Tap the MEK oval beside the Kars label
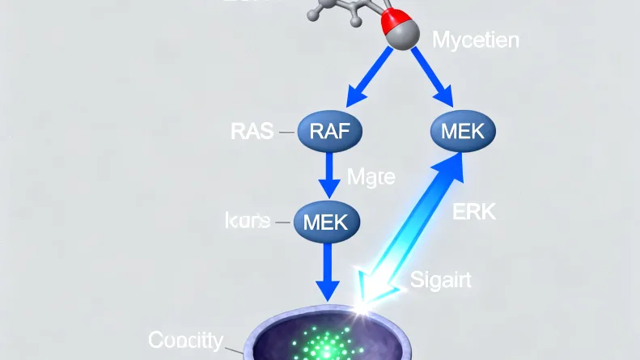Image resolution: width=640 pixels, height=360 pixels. pos(326,220)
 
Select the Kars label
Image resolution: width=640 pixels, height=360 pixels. pos(246,220)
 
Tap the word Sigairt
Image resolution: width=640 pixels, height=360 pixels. pos(439,281)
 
